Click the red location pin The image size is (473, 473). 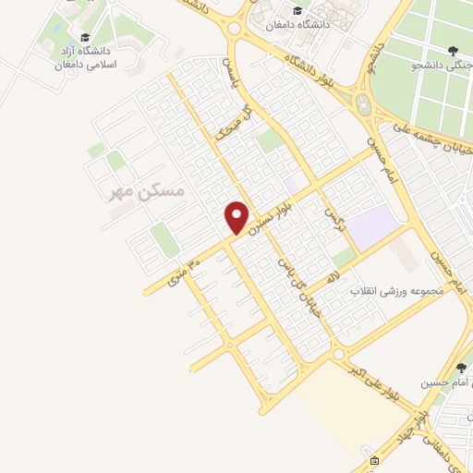(237, 217)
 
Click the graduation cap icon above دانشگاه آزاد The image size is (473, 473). (85, 38)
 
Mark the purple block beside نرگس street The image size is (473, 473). (373, 225)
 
